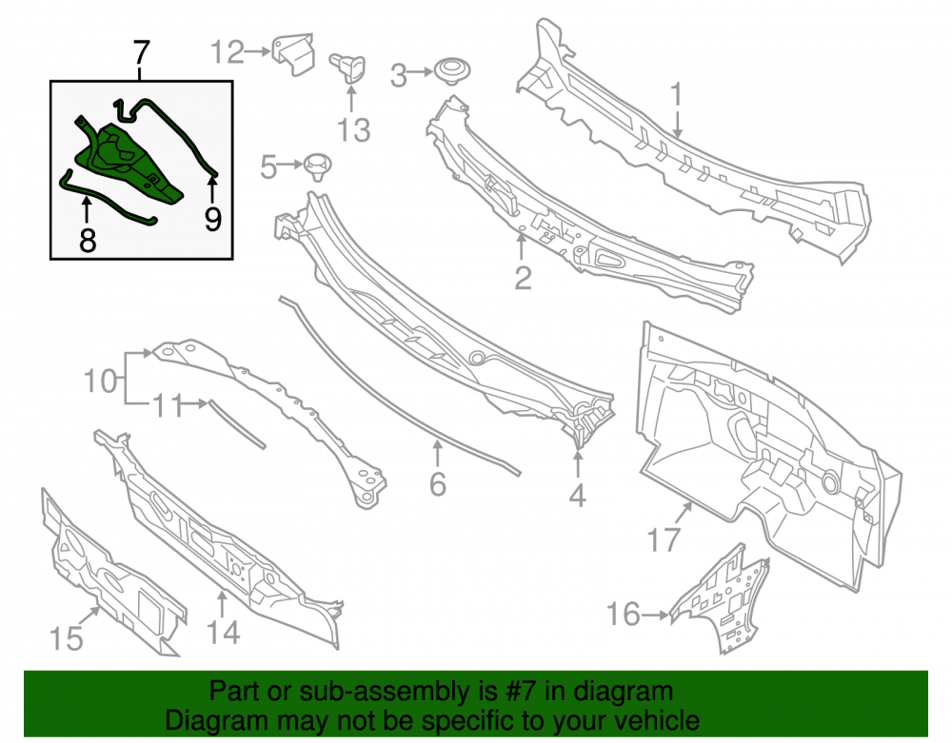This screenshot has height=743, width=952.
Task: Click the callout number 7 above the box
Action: [141, 53]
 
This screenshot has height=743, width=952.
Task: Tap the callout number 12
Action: [228, 52]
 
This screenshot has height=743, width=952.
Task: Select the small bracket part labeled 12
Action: [294, 53]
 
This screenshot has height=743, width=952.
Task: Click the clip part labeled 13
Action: [347, 68]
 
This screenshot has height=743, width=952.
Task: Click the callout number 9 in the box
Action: [212, 219]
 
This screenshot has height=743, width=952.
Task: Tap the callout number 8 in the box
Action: [88, 241]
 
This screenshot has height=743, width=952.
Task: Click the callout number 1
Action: [676, 95]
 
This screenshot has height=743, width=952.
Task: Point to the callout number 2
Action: [523, 279]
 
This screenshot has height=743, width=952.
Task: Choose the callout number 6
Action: [438, 484]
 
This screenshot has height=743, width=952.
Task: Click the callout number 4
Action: [578, 496]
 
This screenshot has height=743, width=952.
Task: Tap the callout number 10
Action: [100, 381]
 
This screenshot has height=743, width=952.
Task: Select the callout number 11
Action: [167, 406]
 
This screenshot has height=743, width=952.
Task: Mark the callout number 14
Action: [224, 633]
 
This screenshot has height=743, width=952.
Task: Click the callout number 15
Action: [67, 639]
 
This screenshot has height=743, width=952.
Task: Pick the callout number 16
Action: [624, 615]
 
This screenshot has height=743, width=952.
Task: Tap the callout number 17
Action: [664, 539]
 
